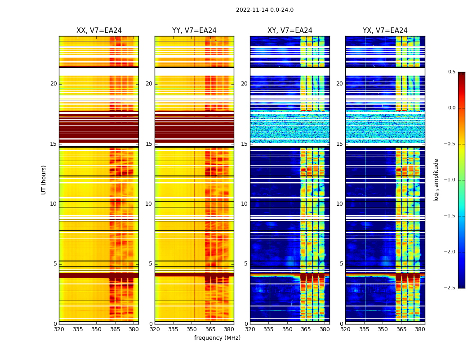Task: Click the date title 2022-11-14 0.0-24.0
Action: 264,10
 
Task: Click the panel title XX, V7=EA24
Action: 99,31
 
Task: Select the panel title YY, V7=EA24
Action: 194,31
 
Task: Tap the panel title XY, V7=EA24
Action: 289,31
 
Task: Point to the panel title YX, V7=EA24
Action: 385,31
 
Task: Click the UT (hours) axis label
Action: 44,180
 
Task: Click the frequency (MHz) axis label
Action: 217,338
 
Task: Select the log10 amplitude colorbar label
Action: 436,180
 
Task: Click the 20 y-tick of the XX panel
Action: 53,84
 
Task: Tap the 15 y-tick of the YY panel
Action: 149,144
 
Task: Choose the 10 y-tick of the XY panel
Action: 245,204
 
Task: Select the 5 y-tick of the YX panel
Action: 341,264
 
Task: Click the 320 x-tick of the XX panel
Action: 59,329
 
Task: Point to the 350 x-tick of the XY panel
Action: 287,329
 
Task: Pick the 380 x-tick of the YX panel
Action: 420,329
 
